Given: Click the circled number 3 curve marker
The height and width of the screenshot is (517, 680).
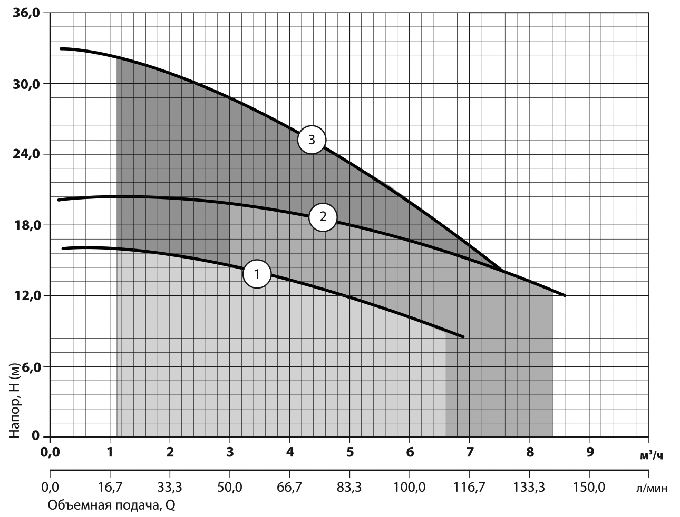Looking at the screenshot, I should tap(312, 140).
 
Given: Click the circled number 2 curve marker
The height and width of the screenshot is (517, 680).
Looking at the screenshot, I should tap(323, 217).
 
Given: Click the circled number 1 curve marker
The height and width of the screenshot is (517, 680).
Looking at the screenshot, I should tap(257, 274).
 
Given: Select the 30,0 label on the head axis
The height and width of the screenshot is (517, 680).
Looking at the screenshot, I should tap(26, 84).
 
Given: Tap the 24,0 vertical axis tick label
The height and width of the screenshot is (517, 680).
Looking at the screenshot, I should tap(26, 154).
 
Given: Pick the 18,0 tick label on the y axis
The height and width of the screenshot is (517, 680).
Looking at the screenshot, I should tap(26, 225).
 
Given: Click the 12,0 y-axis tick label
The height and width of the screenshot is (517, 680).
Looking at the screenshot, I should tap(26, 296).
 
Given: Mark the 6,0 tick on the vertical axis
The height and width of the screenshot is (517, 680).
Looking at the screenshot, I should tap(30, 366).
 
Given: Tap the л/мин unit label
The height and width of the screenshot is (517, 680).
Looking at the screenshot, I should tap(652, 488).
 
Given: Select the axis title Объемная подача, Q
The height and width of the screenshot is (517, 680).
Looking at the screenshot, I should tap(111, 505).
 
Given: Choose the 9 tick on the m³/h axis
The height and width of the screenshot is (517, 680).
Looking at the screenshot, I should tap(590, 452).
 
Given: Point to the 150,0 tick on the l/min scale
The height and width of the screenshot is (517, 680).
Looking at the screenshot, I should tap(590, 487).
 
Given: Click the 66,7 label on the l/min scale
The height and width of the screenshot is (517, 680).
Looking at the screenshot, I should tap(289, 487).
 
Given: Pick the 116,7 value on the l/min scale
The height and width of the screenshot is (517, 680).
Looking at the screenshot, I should tap(469, 487).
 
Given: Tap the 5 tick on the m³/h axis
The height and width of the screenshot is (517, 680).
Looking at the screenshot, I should tap(349, 452).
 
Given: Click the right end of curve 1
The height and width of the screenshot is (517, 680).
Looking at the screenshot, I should tap(463, 336).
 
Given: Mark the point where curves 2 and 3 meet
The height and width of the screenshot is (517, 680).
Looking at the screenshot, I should tap(502, 270).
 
